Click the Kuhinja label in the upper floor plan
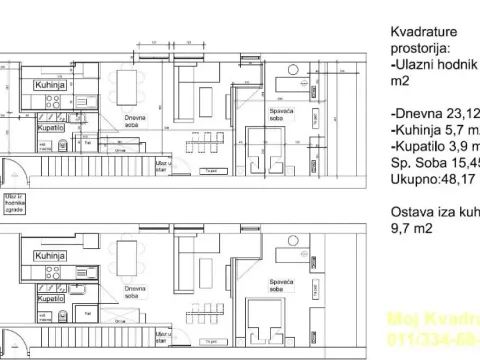pyautogui.click(x=49, y=86)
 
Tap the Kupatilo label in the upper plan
pyautogui.click(x=52, y=128)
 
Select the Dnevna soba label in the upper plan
pyautogui.click(x=136, y=121)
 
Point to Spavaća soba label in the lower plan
pyautogui.click(x=281, y=284)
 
